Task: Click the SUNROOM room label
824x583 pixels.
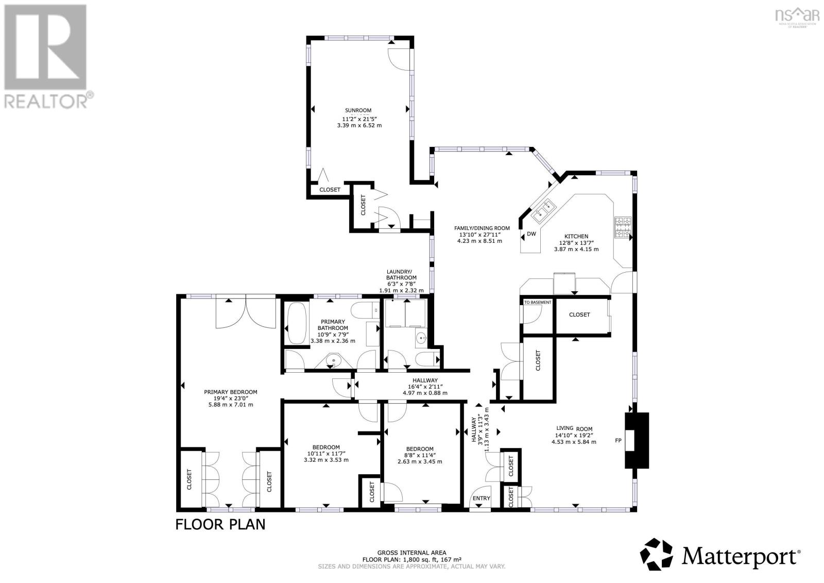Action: click(358, 110)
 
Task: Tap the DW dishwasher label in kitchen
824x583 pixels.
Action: click(531, 235)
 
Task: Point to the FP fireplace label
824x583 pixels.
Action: click(619, 441)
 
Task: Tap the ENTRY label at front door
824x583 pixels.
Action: click(482, 498)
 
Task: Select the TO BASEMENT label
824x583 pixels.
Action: click(538, 303)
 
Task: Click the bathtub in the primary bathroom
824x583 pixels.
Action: click(296, 324)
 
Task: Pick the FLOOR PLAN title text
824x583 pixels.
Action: click(220, 525)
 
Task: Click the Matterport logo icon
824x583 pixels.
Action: click(656, 555)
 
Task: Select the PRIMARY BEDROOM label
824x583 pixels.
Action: click(230, 392)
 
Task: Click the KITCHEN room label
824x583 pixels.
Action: click(576, 237)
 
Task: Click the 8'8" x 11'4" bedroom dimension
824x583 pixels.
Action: click(420, 455)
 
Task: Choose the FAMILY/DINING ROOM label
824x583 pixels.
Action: click(482, 228)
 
